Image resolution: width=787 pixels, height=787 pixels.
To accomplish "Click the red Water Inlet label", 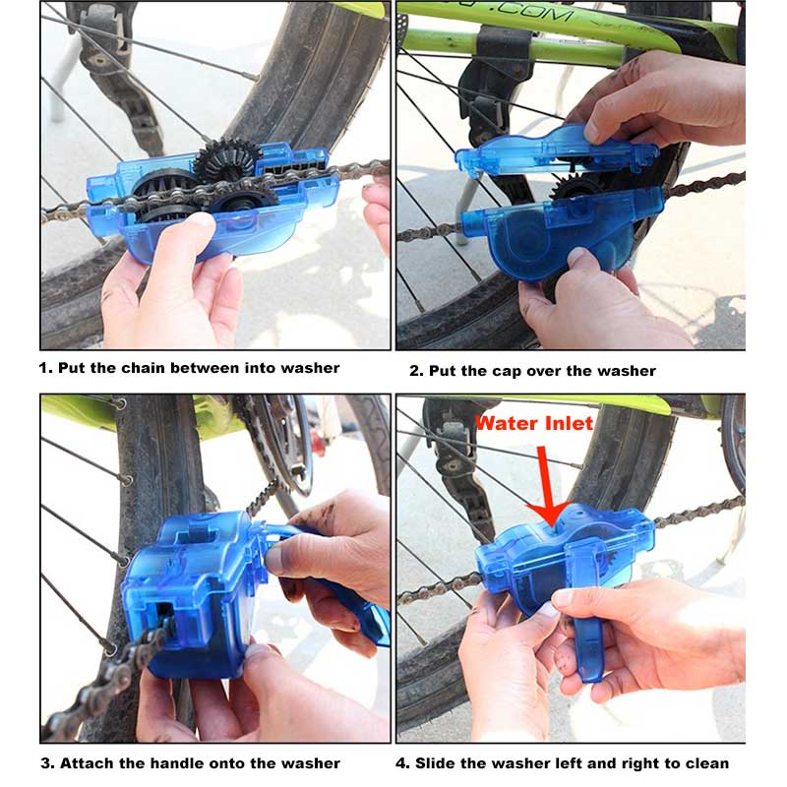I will click(534, 423).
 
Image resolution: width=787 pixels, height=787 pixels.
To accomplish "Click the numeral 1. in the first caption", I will click(45, 368).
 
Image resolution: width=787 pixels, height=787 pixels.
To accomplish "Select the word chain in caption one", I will click(141, 368).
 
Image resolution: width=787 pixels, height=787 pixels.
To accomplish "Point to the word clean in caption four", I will click(707, 762).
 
